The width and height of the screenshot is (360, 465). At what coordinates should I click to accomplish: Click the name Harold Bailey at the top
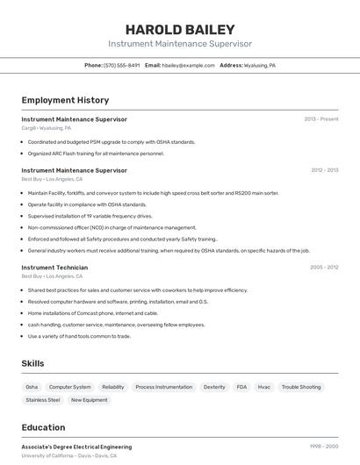point(180,29)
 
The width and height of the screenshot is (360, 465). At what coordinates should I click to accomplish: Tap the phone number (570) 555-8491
point(121,65)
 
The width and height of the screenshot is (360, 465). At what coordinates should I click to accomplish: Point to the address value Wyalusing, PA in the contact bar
point(260,65)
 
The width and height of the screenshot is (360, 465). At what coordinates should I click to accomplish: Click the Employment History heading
point(65,100)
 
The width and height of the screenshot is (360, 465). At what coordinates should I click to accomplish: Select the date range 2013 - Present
point(320,119)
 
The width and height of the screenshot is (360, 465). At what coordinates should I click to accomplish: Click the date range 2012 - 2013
point(324,170)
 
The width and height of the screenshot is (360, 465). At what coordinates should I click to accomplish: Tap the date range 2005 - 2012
point(324,268)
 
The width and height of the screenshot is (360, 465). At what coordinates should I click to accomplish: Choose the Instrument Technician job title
point(54,268)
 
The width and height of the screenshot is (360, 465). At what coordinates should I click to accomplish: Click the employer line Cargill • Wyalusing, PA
point(47,128)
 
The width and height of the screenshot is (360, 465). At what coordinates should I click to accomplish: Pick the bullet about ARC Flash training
point(96,154)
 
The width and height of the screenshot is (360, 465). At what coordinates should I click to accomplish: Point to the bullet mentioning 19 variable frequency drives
point(90,216)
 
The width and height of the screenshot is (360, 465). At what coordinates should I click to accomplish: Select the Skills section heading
point(33,363)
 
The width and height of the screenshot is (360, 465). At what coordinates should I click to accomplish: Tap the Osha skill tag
point(32,387)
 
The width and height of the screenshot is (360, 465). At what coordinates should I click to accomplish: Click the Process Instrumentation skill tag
point(163,387)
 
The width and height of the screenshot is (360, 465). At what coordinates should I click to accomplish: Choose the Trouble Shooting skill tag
point(301,387)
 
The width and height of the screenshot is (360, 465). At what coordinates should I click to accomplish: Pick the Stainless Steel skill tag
point(42,400)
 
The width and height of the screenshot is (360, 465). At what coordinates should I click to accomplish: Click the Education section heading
point(43,428)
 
